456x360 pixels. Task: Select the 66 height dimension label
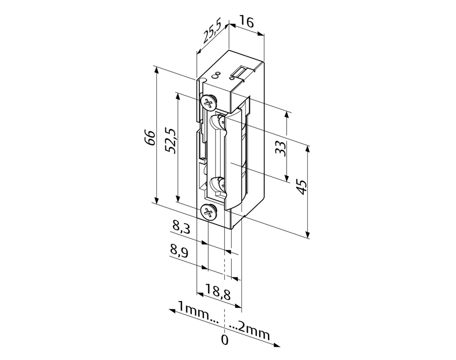click(x=148, y=137)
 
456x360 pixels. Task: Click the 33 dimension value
click(x=280, y=148)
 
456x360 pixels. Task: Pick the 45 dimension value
click(x=301, y=186)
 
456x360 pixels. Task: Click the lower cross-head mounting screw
click(x=208, y=212)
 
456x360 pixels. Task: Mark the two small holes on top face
click(x=217, y=76)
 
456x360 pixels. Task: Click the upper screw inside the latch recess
click(x=216, y=121)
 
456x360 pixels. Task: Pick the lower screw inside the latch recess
click(x=216, y=182)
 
